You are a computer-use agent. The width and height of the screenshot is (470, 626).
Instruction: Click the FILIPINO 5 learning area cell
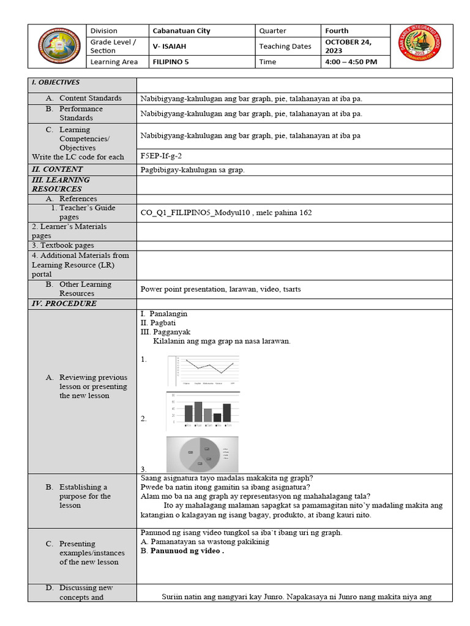tap(175, 62)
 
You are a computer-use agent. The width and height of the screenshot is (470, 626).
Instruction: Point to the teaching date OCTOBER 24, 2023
tap(348, 46)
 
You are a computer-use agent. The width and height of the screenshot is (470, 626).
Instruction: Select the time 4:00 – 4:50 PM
tap(351, 62)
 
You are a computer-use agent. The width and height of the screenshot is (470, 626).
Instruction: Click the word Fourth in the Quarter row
tap(337, 31)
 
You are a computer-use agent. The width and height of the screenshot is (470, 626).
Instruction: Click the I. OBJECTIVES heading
tap(56, 83)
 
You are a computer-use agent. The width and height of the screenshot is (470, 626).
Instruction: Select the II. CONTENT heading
tap(57, 169)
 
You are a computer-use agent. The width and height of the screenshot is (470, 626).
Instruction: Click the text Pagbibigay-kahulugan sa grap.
tap(192, 170)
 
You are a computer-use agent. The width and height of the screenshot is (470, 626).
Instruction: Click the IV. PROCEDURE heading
tap(64, 304)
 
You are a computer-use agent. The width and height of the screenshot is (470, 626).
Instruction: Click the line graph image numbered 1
tap(203, 370)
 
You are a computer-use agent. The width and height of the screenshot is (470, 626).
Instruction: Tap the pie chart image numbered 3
tap(202, 454)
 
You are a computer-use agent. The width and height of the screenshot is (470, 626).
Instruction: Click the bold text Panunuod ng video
tap(187, 550)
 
